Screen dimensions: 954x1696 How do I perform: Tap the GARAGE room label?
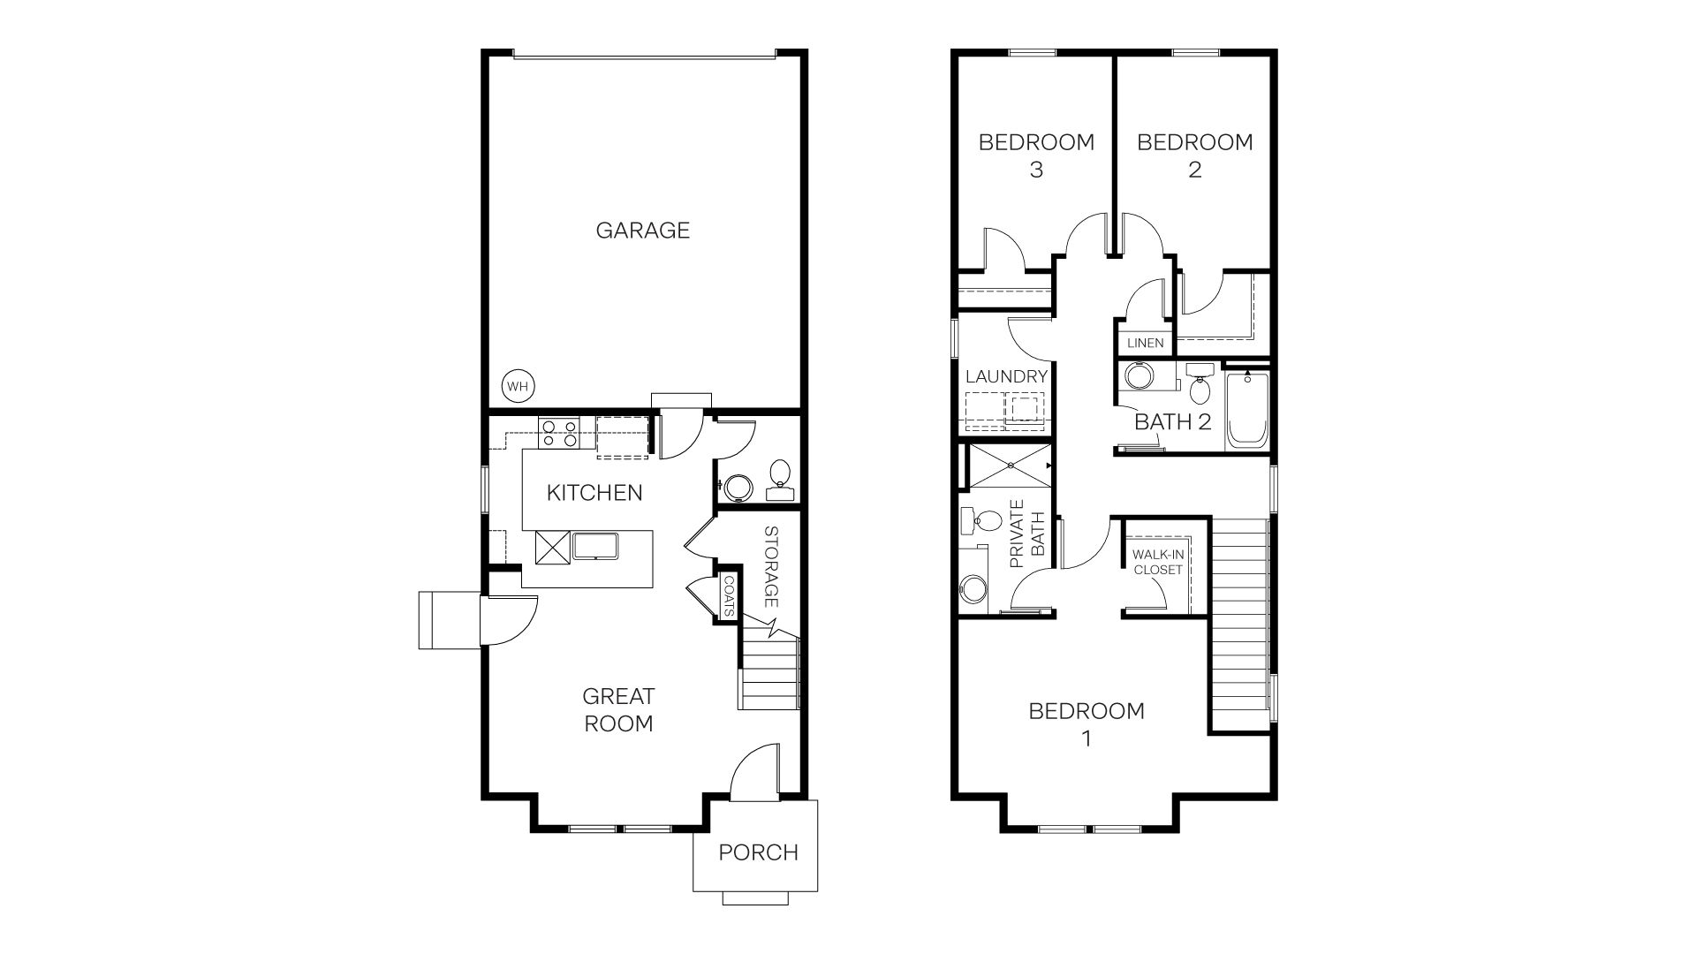pyautogui.click(x=642, y=231)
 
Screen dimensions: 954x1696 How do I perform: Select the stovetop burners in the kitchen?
pyautogui.click(x=559, y=433)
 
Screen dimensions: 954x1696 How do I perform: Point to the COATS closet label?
pyautogui.click(x=729, y=596)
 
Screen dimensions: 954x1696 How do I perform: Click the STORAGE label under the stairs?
pyautogui.click(x=770, y=566)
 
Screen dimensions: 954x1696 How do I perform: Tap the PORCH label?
pyautogui.click(x=758, y=852)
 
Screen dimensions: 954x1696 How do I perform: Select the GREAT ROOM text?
pyautogui.click(x=618, y=709)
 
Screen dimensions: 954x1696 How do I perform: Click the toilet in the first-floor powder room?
pyautogui.click(x=780, y=473)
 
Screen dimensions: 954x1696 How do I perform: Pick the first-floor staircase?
pyautogui.click(x=768, y=671)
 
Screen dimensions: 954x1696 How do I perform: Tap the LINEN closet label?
pyautogui.click(x=1146, y=343)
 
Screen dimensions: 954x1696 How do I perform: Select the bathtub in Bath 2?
pyautogui.click(x=1246, y=411)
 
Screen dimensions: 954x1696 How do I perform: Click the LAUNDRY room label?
pyautogui.click(x=1006, y=376)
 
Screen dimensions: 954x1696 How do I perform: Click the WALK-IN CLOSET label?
pyautogui.click(x=1158, y=563)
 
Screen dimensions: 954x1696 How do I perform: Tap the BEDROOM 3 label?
pyautogui.click(x=1036, y=155)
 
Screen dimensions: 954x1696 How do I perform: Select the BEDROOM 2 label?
pyautogui.click(x=1194, y=155)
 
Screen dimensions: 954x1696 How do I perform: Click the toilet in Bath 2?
pyautogui.click(x=1200, y=384)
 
